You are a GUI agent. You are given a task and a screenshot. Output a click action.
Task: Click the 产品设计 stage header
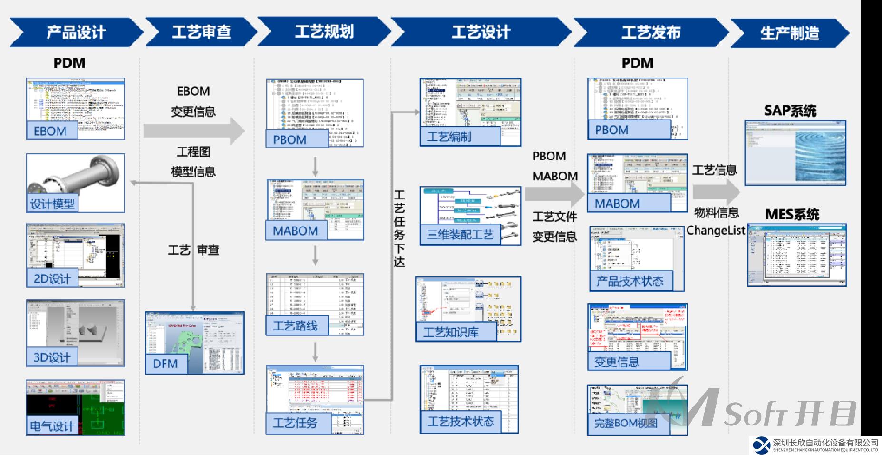tap(76, 32)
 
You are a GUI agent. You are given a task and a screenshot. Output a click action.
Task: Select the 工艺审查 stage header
tap(201, 32)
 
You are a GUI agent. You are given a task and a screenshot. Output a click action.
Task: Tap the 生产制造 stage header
tap(790, 33)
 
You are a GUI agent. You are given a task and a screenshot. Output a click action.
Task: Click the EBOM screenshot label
tap(50, 131)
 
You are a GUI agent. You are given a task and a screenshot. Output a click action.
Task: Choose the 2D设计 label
tap(52, 278)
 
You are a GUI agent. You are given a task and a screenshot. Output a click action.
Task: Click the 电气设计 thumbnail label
tap(52, 425)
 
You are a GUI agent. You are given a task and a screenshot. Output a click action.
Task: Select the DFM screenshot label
tap(165, 364)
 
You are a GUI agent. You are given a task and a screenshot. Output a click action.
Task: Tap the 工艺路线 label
tap(295, 326)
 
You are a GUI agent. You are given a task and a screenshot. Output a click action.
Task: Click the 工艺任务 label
tap(295, 423)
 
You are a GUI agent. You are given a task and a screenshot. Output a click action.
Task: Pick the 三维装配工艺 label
tap(460, 235)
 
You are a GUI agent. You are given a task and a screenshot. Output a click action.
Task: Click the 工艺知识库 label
tap(451, 332)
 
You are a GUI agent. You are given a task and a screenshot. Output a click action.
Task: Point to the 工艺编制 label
tap(449, 137)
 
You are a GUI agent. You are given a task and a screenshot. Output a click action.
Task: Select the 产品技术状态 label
tap(630, 281)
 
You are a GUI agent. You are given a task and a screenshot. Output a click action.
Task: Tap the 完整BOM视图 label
tap(626, 423)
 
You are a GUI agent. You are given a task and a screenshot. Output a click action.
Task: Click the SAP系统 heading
tap(790, 111)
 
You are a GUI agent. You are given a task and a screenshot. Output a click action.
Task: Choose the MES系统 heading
tap(792, 215)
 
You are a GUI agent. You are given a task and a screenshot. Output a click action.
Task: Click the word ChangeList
tap(716, 231)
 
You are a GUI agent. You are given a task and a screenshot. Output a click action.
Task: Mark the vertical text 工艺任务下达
tap(399, 228)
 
